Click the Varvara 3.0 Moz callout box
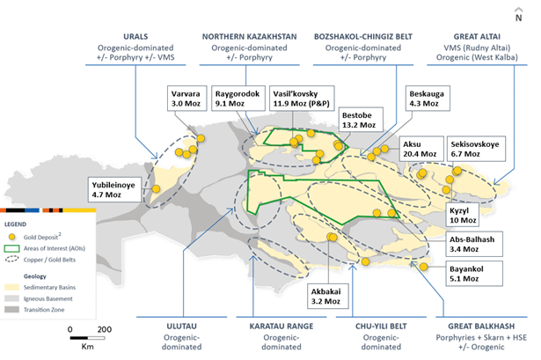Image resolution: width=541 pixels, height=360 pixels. [187, 99]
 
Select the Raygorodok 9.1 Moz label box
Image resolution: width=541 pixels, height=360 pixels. [238, 99]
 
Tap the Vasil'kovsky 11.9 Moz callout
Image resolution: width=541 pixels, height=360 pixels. [302, 99]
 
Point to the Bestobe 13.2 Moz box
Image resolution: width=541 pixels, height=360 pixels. [360, 120]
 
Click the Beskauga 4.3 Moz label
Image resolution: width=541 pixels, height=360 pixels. [428, 99]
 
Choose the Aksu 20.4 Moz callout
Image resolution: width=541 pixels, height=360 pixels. [421, 149]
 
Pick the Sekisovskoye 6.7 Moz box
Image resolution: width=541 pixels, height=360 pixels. [476, 149]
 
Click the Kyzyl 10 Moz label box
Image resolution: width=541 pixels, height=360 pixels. [463, 215]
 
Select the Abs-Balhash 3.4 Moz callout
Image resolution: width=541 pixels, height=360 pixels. [474, 244]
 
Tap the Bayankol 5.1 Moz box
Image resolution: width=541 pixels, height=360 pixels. [474, 274]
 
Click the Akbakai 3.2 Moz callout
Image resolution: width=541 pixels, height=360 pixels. [328, 296]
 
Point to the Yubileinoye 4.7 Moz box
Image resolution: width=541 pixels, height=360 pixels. [114, 189]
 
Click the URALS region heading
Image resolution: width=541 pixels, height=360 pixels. [135, 37]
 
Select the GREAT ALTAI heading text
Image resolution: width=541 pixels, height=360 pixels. [477, 37]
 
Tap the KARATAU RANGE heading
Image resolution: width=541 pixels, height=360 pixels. [281, 327]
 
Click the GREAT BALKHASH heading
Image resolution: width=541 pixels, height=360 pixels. [481, 327]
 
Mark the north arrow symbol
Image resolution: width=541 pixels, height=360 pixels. [519, 15]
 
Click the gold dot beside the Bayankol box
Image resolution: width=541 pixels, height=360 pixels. [424, 267]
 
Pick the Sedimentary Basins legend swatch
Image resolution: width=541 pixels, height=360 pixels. [11, 287]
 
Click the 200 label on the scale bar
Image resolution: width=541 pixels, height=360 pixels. [104, 329]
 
